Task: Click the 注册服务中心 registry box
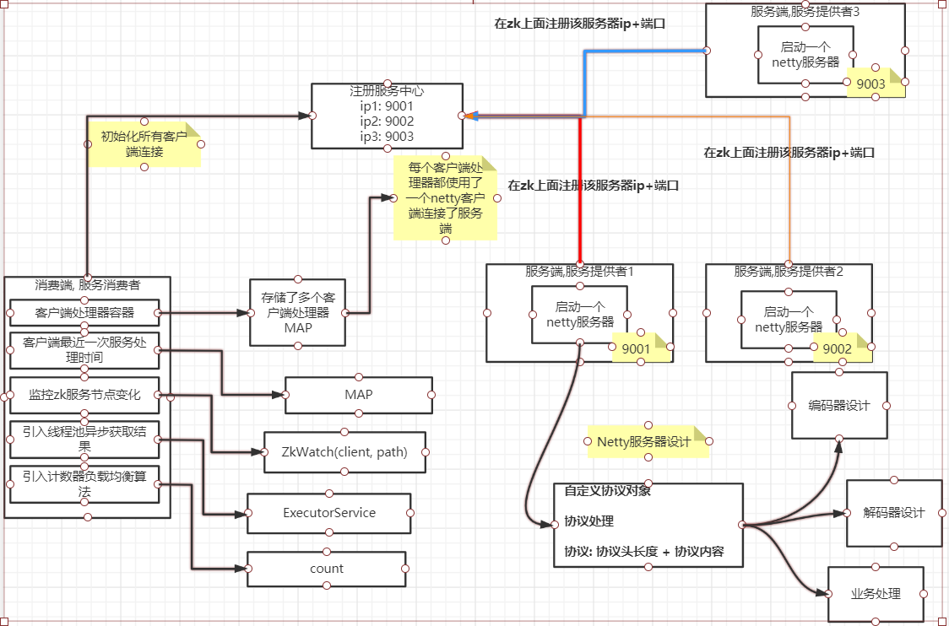point(388,116)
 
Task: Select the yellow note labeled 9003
point(876,83)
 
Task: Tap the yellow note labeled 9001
point(641,348)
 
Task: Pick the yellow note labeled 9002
point(842,348)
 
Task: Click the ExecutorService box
point(328,513)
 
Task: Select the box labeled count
point(326,569)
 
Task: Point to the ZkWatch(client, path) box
point(344,452)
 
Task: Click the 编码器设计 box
point(839,405)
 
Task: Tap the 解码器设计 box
point(894,513)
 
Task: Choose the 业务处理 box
point(876,594)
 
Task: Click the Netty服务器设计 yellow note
point(648,441)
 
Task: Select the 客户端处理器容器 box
point(84,313)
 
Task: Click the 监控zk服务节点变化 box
point(84,395)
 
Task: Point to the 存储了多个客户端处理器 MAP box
point(298,313)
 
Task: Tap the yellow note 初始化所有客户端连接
point(144,144)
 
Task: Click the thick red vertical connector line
point(580,191)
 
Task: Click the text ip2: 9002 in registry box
point(388,121)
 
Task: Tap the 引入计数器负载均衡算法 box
point(84,484)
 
